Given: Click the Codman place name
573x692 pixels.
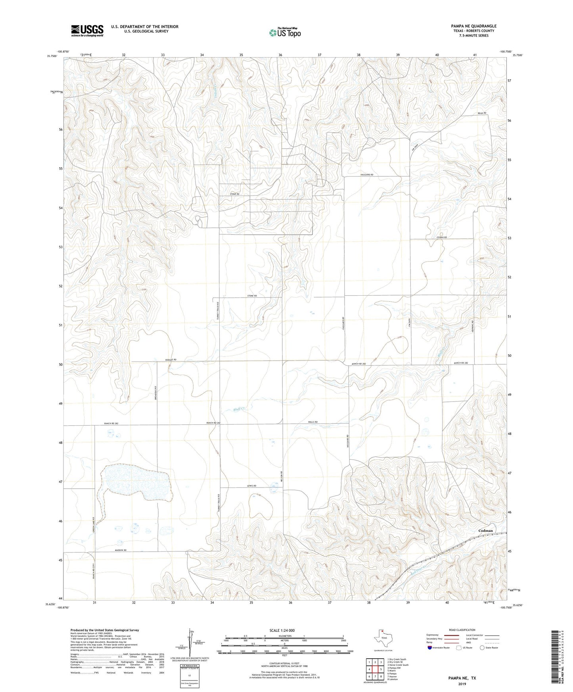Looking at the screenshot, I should (x=485, y=530).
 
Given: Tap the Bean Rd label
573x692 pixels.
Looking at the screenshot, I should (x=482, y=113).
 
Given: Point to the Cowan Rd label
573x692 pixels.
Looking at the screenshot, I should (x=442, y=237).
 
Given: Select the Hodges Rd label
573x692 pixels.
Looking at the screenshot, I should (x=171, y=359).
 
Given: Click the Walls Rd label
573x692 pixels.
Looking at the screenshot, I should (x=313, y=422).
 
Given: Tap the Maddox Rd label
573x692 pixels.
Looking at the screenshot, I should (x=121, y=551).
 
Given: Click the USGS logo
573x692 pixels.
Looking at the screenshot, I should (x=87, y=31).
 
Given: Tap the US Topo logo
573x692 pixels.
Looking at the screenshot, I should (x=284, y=32).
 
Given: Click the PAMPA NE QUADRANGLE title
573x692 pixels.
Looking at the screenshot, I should (x=473, y=26).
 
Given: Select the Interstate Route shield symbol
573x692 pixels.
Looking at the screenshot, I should (x=430, y=648).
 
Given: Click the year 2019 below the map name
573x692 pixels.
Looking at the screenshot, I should (x=462, y=684).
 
